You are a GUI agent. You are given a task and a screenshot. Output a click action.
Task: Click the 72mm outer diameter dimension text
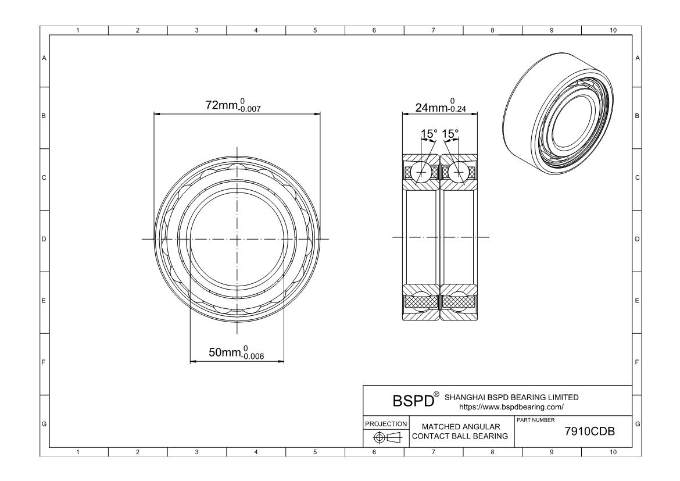[233, 105]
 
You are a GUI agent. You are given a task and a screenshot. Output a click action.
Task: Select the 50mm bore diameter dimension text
[237, 352]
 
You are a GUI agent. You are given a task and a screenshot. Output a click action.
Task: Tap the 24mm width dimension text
[441, 106]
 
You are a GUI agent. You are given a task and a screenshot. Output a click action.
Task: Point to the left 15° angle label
[429, 134]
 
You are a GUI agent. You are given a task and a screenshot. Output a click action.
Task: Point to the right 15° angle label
[450, 134]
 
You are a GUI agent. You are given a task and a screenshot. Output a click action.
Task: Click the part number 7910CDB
[589, 432]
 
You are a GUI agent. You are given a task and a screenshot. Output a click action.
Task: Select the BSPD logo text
[413, 401]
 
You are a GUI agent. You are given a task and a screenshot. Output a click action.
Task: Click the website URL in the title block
[511, 407]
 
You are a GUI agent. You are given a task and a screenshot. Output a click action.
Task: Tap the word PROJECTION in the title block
[386, 423]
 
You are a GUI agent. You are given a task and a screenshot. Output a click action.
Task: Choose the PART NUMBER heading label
[536, 420]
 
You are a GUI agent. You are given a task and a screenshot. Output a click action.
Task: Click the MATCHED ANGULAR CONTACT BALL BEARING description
[460, 432]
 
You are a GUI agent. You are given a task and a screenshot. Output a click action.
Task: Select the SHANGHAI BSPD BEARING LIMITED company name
[511, 397]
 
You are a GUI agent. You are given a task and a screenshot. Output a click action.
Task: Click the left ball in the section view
[421, 172]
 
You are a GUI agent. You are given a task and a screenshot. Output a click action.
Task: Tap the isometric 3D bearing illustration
[560, 114]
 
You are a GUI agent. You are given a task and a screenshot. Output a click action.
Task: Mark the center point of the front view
[237, 239]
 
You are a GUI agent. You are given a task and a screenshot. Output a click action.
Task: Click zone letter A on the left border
[44, 58]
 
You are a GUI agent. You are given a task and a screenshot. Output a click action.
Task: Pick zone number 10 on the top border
[613, 30]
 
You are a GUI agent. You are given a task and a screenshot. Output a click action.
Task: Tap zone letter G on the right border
[638, 423]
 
